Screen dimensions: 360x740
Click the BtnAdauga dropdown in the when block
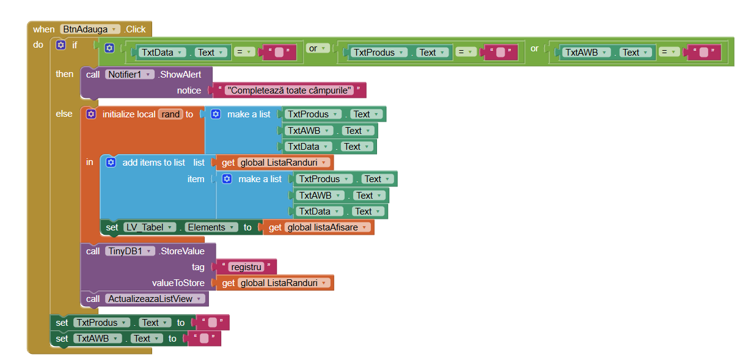pos(90,29)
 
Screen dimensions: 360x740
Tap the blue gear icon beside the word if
pos(60,45)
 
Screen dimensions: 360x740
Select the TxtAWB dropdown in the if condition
pos(585,53)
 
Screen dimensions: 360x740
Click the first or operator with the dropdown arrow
pos(317,48)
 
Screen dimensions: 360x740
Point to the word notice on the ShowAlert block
pos(189,90)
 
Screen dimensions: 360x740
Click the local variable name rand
pos(170,114)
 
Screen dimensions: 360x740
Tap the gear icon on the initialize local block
pos(91,114)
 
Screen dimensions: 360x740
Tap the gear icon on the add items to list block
pos(111,163)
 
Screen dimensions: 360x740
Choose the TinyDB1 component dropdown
pos(130,251)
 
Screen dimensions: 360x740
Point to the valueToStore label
pos(178,283)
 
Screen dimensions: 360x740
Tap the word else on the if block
pos(64,114)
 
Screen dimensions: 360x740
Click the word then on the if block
pos(64,74)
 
